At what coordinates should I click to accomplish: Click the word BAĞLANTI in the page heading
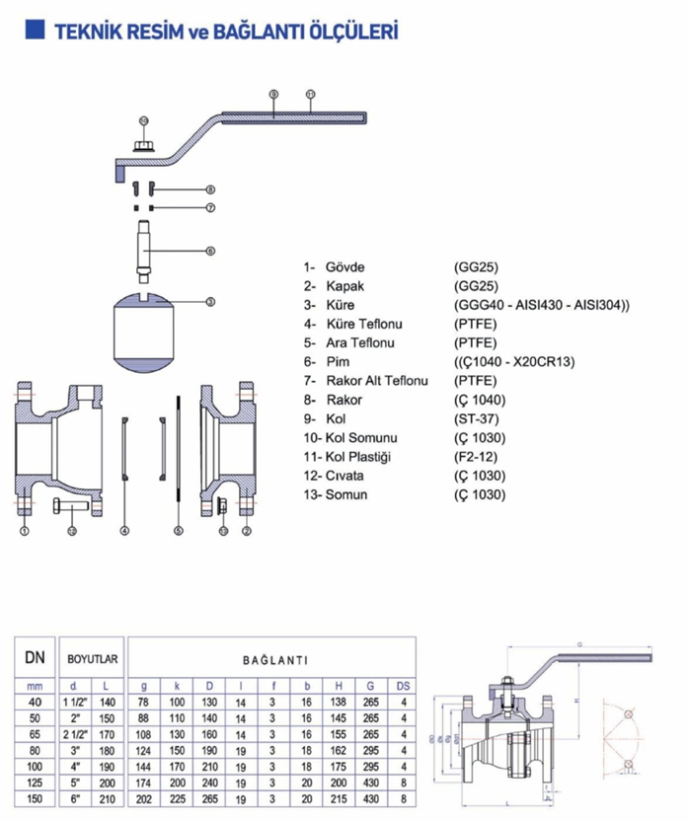tap(252, 32)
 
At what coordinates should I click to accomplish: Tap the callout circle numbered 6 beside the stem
tap(210, 251)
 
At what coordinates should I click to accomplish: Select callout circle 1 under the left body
tap(23, 531)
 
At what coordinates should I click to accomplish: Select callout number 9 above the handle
tap(273, 94)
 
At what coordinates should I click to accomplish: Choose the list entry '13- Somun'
tap(336, 493)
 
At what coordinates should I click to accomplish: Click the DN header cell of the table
tap(36, 656)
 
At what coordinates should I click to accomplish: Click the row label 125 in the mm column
tap(36, 783)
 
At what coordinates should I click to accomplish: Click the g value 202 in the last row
tap(144, 798)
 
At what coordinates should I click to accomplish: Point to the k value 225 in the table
tap(178, 798)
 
